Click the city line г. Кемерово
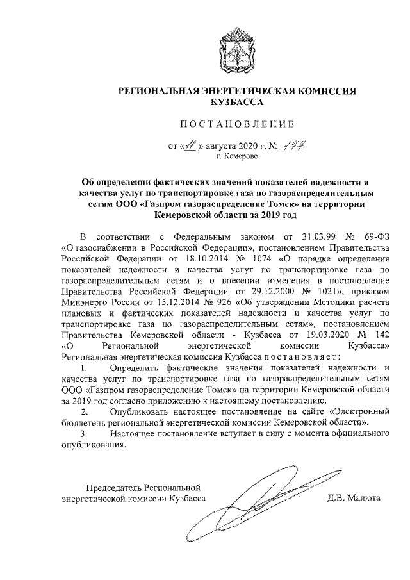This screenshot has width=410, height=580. click(237, 155)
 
